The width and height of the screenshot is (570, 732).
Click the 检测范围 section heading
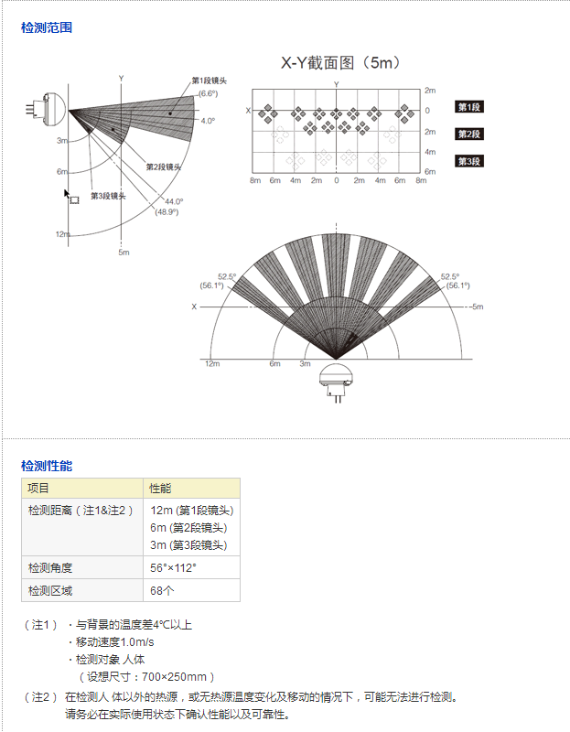coord(47,27)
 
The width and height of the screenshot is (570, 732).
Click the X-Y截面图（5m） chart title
coord(340,62)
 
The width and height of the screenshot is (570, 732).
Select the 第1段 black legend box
coord(469,107)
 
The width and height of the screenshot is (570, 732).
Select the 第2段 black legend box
coord(469,134)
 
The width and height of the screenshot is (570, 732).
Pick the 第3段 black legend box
coord(469,161)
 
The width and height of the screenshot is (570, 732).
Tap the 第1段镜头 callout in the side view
coord(210,81)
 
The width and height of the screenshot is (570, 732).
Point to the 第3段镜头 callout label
coord(108,196)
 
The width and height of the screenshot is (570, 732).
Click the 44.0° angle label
coord(174,201)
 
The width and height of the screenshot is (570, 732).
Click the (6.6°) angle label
coord(209,93)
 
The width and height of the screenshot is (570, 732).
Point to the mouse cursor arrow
coord(67,193)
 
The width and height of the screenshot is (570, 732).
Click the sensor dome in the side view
coord(55,110)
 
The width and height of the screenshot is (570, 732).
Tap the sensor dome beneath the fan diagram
coord(336,374)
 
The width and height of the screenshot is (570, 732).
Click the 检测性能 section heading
coord(47,466)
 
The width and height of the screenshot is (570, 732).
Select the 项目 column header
coord(38,489)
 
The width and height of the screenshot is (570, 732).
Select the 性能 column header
coord(160,489)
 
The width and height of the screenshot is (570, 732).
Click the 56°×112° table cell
coord(173,567)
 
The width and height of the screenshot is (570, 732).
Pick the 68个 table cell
coord(162,590)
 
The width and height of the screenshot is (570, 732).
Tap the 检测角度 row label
coord(50,567)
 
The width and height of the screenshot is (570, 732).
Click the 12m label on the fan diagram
coord(212,363)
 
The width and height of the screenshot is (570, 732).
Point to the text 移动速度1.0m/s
coord(115,642)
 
